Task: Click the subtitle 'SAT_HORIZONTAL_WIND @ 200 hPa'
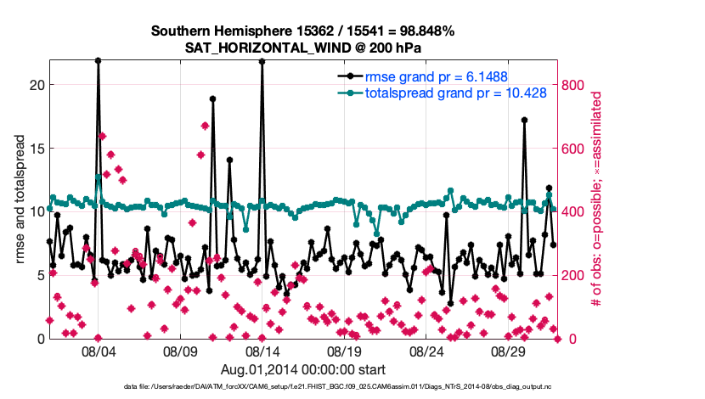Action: click(303, 48)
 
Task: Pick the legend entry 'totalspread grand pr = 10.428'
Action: click(455, 93)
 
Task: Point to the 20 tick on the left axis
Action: click(35, 85)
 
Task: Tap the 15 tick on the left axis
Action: click(35, 148)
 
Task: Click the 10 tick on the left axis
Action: click(35, 211)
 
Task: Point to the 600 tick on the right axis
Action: click(573, 148)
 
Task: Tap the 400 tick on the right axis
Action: click(573, 211)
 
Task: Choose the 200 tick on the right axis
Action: click(573, 275)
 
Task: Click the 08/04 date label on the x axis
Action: click(98, 351)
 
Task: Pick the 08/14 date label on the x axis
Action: click(262, 351)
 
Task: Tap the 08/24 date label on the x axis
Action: click(427, 351)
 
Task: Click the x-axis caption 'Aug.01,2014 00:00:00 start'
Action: click(303, 369)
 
